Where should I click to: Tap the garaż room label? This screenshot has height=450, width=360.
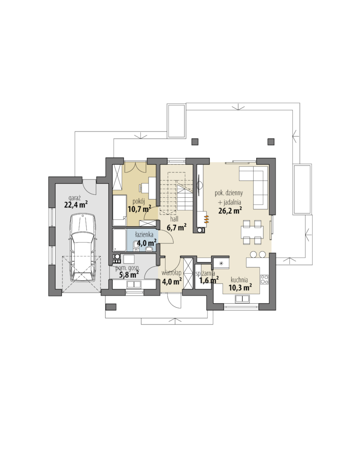pos(75,198)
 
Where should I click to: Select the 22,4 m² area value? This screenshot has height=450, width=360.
pos(76,204)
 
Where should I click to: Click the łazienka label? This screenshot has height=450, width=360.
pos(144,235)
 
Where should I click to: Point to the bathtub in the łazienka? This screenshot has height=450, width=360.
pos(120,240)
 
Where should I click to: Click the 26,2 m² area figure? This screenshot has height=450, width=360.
pos(230,211)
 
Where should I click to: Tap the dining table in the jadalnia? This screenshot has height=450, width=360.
pos(252,232)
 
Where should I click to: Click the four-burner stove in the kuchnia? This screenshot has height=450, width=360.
pos(264,279)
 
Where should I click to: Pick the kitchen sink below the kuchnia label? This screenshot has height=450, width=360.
pos(242,299)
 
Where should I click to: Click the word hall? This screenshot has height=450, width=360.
pos(174,219)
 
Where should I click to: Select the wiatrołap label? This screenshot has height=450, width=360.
pos(171,273)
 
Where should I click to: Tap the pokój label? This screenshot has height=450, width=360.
pos(138,202)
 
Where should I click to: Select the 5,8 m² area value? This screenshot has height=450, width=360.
pos(129,275)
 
